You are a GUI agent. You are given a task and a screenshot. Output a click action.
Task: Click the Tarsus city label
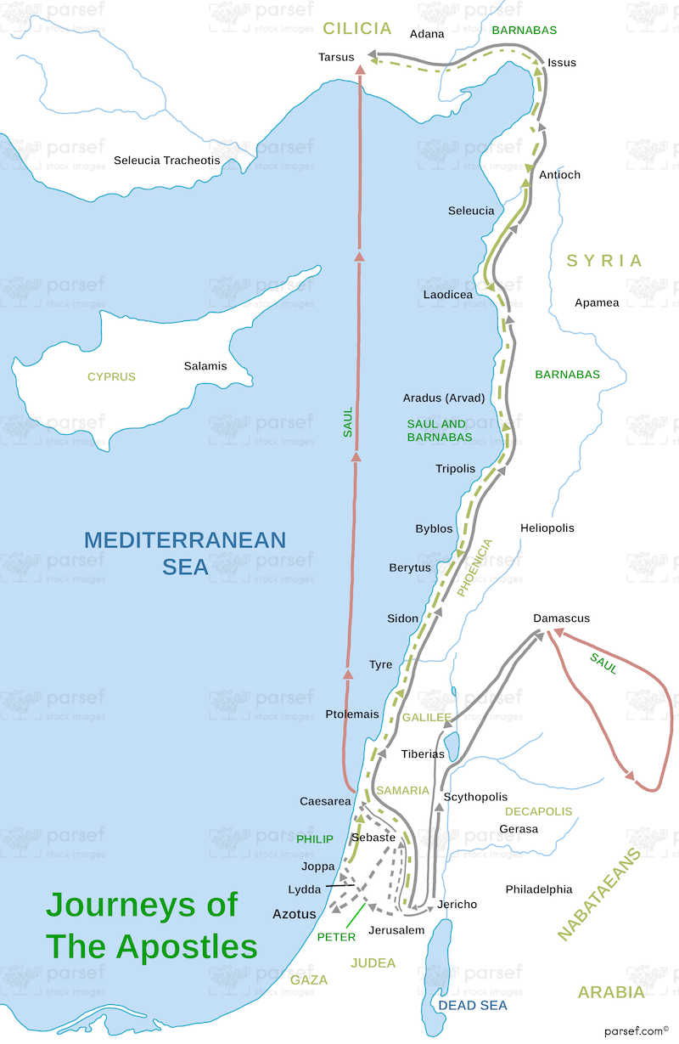336,57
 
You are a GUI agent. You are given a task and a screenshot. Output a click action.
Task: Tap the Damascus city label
561,618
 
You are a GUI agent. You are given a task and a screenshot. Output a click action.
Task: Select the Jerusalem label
396,930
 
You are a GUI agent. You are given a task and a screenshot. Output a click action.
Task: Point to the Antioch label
560,175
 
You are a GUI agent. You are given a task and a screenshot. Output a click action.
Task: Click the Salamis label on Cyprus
205,366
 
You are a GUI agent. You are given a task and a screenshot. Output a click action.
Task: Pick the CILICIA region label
357,29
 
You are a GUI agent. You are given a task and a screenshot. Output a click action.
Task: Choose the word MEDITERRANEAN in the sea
185,540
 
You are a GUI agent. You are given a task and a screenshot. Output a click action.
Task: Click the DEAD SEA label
472,1006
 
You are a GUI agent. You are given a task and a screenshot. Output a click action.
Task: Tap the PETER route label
336,937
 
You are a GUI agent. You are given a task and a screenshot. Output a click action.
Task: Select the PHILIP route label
315,839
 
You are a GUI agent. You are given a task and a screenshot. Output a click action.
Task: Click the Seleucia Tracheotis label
167,161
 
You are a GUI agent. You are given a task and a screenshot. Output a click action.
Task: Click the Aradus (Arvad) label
444,398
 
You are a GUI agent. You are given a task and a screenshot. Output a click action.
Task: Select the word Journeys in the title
142,905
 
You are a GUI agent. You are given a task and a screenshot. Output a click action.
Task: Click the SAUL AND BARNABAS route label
440,431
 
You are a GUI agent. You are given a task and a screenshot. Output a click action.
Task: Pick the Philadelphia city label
539,889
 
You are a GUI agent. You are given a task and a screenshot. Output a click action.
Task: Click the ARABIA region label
611,992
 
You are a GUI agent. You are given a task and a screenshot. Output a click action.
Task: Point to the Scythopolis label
475,797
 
